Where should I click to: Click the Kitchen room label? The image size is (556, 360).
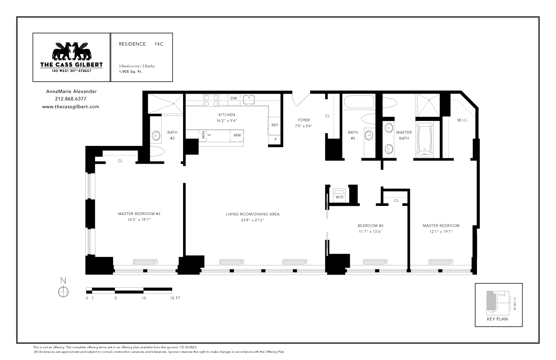(227, 115)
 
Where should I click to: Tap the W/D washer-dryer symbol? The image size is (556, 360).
(339, 195)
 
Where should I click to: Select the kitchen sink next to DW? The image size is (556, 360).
(249, 100)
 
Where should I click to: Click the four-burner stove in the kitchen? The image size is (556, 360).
(211, 100)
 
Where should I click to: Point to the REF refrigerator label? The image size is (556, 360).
(275, 125)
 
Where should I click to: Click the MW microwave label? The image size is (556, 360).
(237, 135)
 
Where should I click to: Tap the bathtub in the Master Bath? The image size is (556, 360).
(425, 140)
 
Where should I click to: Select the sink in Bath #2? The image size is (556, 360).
(156, 136)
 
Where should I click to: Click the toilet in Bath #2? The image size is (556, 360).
(157, 151)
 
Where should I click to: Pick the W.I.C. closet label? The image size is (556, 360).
(462, 120)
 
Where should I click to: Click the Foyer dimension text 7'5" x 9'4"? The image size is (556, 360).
(303, 126)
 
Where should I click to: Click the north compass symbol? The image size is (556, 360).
(63, 291)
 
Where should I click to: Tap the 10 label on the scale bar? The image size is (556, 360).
(144, 298)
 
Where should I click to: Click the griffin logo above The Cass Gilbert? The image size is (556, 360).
(71, 51)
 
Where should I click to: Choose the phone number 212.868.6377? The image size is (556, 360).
(70, 99)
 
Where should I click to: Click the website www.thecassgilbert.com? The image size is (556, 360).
(70, 107)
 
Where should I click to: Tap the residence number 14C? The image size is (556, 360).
(159, 44)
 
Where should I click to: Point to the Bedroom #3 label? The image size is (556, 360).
(370, 226)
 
